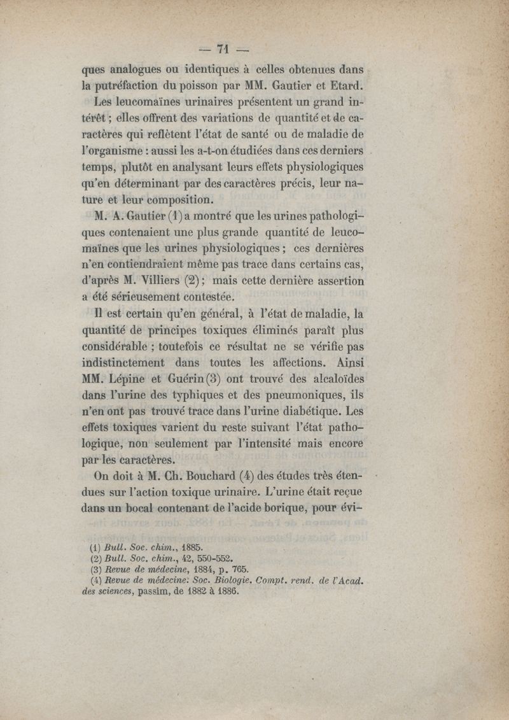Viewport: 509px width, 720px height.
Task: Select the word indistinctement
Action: (125, 364)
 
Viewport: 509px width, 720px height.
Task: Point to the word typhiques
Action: (209, 397)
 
